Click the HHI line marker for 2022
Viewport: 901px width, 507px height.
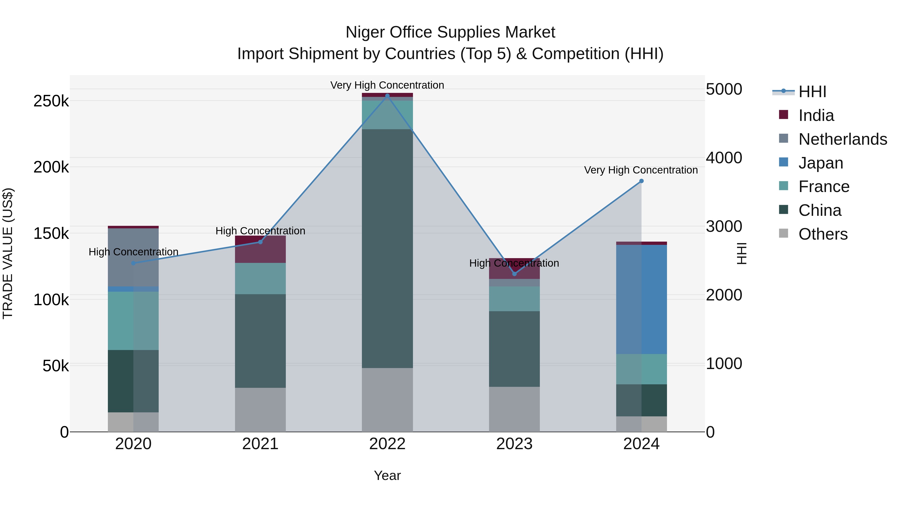click(x=387, y=96)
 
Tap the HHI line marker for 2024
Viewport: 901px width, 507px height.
click(x=641, y=181)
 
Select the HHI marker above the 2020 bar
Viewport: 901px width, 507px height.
click(x=133, y=263)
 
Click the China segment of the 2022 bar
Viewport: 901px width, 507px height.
click(x=387, y=248)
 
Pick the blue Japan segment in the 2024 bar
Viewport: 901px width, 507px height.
click(x=641, y=299)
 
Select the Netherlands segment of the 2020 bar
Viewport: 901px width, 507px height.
click(x=133, y=257)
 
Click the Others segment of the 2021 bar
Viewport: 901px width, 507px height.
click(x=260, y=409)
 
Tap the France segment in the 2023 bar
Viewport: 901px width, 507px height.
click(x=514, y=299)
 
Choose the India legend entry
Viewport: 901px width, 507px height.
click(x=816, y=115)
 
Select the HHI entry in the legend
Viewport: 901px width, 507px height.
click(x=812, y=92)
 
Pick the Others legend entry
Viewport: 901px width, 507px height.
click(x=823, y=234)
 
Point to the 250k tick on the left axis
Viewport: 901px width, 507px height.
click(x=51, y=101)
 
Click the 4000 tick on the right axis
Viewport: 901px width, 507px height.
click(x=724, y=158)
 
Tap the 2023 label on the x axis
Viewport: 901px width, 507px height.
click(x=514, y=444)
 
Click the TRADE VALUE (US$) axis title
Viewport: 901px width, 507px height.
click(x=8, y=253)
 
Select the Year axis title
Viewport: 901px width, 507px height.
click(x=387, y=475)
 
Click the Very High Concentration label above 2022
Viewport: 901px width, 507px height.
click(x=387, y=85)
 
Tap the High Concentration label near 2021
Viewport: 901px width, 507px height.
click(x=260, y=231)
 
